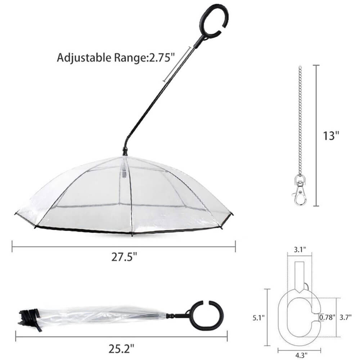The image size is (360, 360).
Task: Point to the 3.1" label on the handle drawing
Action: tap(300, 249)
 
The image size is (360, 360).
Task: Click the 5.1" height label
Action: tap(258, 318)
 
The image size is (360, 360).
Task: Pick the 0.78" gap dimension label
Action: tap(327, 317)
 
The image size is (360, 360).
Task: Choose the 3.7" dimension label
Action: tap(346, 317)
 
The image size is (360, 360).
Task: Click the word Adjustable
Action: tap(84, 58)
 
